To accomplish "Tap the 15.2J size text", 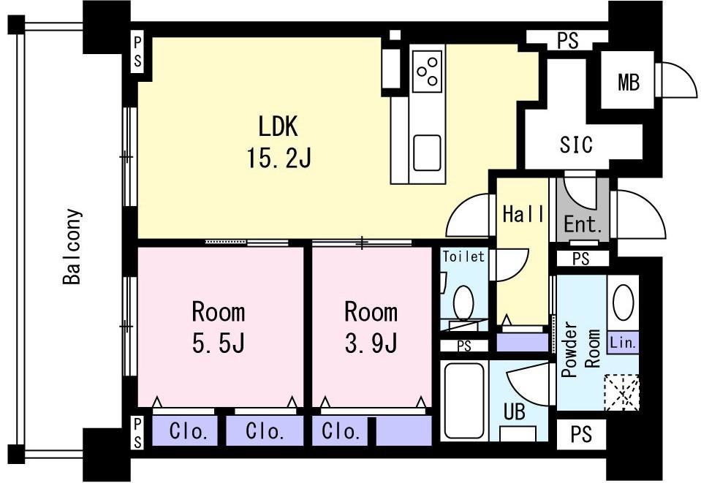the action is pyautogui.click(x=278, y=158).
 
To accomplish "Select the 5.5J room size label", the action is pyautogui.click(x=218, y=343).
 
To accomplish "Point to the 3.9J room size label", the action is pyautogui.click(x=371, y=343).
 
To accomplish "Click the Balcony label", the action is pyautogui.click(x=72, y=246).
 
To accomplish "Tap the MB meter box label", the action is pyautogui.click(x=629, y=83).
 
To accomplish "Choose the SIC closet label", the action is pyautogui.click(x=576, y=144).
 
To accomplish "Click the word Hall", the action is pyautogui.click(x=523, y=214).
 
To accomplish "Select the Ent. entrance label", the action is pyautogui.click(x=583, y=224).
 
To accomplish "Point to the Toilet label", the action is pyautogui.click(x=463, y=256).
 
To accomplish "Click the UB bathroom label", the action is pyautogui.click(x=515, y=412).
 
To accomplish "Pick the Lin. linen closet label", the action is pyautogui.click(x=623, y=343).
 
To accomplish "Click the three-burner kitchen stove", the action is pyautogui.click(x=427, y=72).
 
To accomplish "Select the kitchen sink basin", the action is pyautogui.click(x=427, y=153).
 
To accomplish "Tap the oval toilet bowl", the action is pyautogui.click(x=463, y=303).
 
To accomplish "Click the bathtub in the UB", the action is pyautogui.click(x=464, y=400).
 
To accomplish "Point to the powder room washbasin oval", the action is pyautogui.click(x=624, y=302).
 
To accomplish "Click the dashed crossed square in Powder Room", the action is pyautogui.click(x=621, y=392).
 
